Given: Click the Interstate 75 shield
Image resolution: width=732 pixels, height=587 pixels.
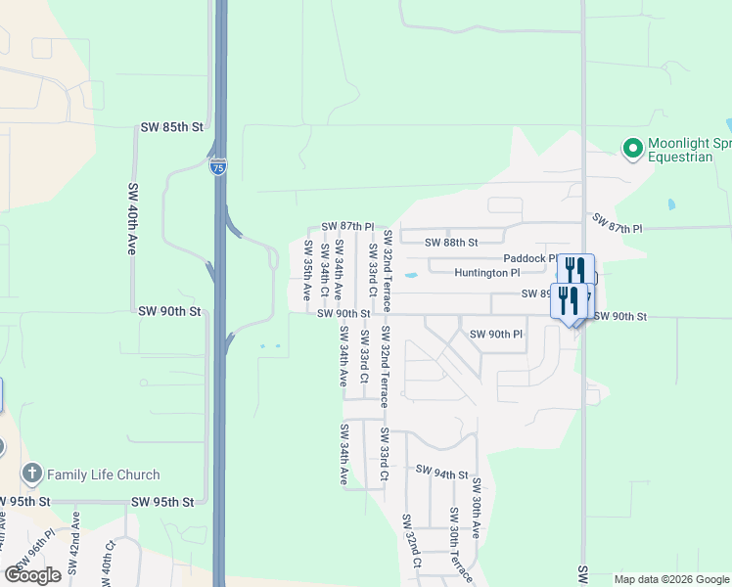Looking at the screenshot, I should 218,167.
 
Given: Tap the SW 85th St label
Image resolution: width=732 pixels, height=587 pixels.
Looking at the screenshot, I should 171,127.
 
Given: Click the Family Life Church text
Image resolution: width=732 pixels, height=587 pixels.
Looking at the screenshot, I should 104,474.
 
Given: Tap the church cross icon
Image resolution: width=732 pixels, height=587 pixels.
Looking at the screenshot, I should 31,474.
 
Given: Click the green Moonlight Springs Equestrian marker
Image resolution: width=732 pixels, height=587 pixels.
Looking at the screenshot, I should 632,149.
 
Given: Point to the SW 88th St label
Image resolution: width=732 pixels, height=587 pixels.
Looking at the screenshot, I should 451,242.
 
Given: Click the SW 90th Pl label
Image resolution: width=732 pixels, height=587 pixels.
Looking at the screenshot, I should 496,335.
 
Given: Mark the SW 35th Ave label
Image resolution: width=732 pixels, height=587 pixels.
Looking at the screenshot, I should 307,269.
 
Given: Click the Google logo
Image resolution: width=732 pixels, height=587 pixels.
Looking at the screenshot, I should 32,574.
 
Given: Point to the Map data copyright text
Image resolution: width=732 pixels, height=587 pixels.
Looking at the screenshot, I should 670,579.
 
